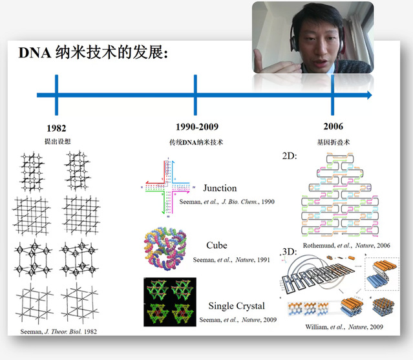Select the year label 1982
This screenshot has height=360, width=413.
56,127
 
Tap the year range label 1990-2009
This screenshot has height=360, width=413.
195,127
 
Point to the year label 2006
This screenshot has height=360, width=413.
333,126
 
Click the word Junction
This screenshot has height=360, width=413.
220,188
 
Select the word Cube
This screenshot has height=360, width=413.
217,246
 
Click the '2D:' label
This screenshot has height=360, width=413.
290,156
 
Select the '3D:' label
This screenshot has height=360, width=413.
290,251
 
